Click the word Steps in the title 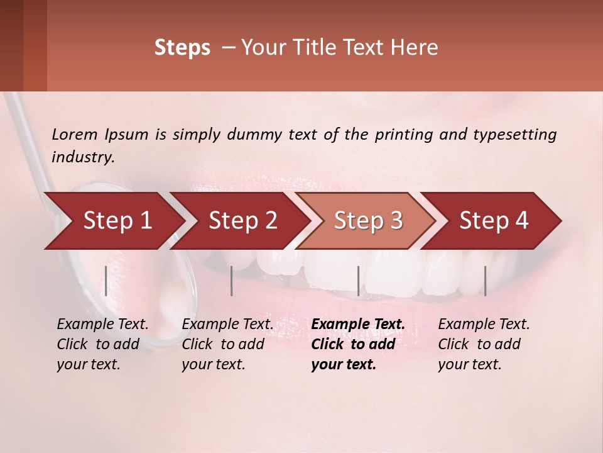[182, 48]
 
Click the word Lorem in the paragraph [74, 134]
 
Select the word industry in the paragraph [82, 157]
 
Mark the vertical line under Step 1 [106, 281]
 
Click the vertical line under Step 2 [232, 281]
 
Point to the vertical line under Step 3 [358, 281]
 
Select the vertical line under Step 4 [485, 281]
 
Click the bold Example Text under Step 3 [358, 325]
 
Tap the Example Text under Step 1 [102, 325]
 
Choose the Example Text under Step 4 [484, 325]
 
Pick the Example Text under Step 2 [227, 325]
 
